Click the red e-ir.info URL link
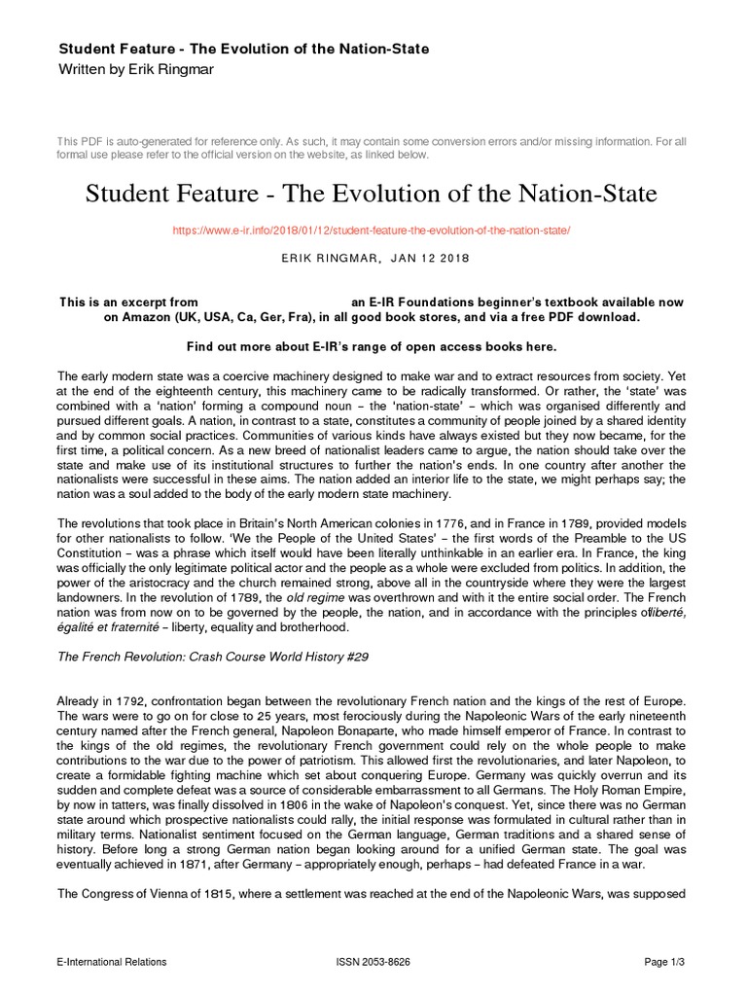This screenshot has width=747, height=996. [x=373, y=231]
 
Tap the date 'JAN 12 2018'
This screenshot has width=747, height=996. [x=429, y=259]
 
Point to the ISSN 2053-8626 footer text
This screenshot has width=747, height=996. [x=373, y=962]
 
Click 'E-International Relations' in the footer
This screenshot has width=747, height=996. [x=112, y=962]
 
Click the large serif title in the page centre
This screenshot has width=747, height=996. [x=373, y=194]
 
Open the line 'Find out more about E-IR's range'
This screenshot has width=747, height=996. [x=373, y=346]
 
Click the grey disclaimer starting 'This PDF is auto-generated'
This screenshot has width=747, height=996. [x=373, y=147]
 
